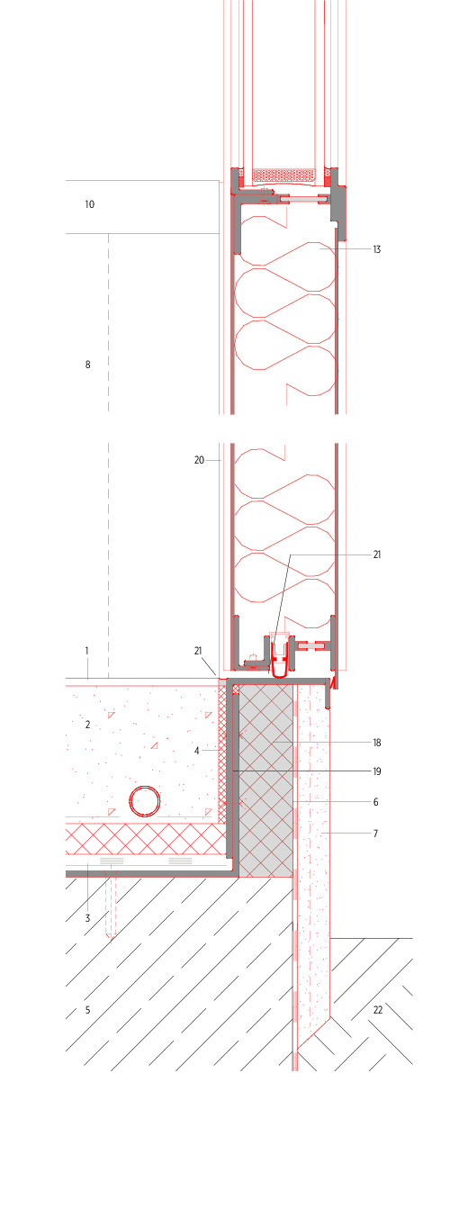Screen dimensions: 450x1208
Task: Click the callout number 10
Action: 89,203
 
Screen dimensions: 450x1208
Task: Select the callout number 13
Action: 377,249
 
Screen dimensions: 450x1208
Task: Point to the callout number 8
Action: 88,365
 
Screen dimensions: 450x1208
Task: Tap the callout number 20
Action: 199,460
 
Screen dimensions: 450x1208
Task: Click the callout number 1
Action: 86,651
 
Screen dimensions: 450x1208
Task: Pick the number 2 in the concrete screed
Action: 88,725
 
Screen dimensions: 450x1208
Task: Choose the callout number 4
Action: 197,751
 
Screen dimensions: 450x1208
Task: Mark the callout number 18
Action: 377,743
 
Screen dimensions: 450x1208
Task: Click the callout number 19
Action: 377,771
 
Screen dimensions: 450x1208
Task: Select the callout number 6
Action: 375,802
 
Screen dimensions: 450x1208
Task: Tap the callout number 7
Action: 375,834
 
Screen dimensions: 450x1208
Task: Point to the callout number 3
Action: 88,918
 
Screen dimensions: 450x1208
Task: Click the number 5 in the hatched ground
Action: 88,1010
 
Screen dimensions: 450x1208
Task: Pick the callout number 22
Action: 378,1010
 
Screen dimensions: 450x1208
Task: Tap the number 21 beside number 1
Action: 198,651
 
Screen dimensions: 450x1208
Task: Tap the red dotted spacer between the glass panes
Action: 283,175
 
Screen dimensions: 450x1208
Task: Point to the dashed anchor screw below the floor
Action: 111,906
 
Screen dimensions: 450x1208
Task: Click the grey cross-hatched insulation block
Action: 265,781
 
